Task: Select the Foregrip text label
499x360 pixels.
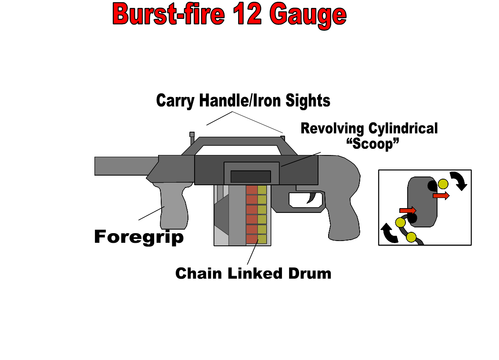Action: tap(139, 237)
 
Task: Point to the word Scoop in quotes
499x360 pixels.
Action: tap(372, 144)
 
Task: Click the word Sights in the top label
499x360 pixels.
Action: tap(308, 101)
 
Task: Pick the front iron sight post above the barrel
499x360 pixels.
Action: tap(192, 134)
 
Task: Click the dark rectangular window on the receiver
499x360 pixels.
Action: tap(250, 176)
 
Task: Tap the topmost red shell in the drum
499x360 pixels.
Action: tap(252, 190)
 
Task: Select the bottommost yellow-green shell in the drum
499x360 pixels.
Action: tap(262, 239)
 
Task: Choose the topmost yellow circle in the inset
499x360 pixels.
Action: tap(443, 184)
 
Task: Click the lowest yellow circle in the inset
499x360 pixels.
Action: tap(411, 238)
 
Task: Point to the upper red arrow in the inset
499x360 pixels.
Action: tap(441, 196)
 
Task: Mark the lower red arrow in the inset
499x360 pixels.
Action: tap(408, 211)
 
